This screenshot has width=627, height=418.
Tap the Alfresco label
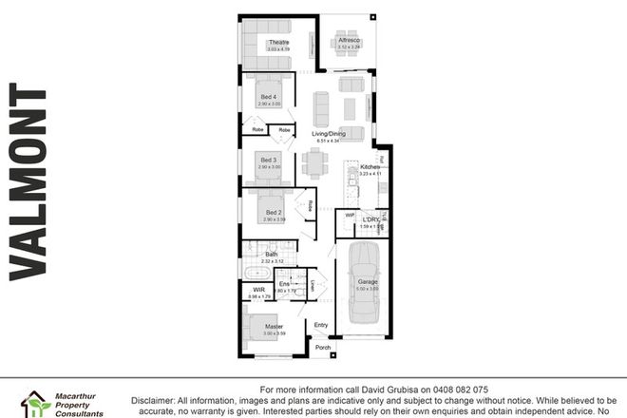click(349, 40)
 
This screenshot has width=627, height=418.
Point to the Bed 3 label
click(269, 160)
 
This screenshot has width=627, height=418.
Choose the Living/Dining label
click(329, 134)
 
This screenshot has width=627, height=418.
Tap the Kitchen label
click(370, 167)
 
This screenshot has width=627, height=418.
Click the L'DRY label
click(371, 220)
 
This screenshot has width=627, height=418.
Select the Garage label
click(369, 282)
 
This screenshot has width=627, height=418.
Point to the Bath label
click(271, 256)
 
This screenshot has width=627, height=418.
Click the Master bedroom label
click(275, 327)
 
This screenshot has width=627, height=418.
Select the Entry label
click(321, 325)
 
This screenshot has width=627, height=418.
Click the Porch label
click(323, 349)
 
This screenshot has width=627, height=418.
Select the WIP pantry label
click(350, 215)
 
